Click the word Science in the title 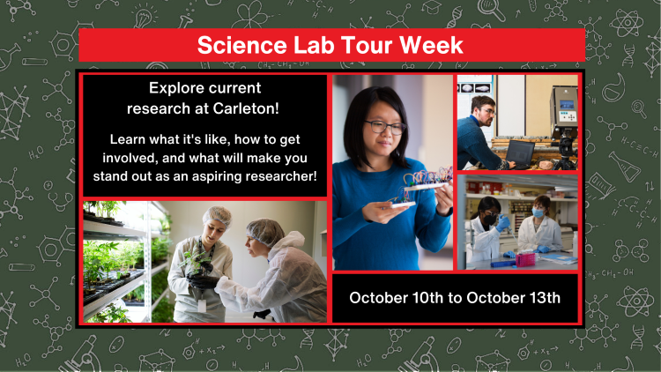click(233, 45)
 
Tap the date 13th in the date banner click(538, 297)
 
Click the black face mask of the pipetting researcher click(488, 215)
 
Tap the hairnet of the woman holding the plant click(215, 216)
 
